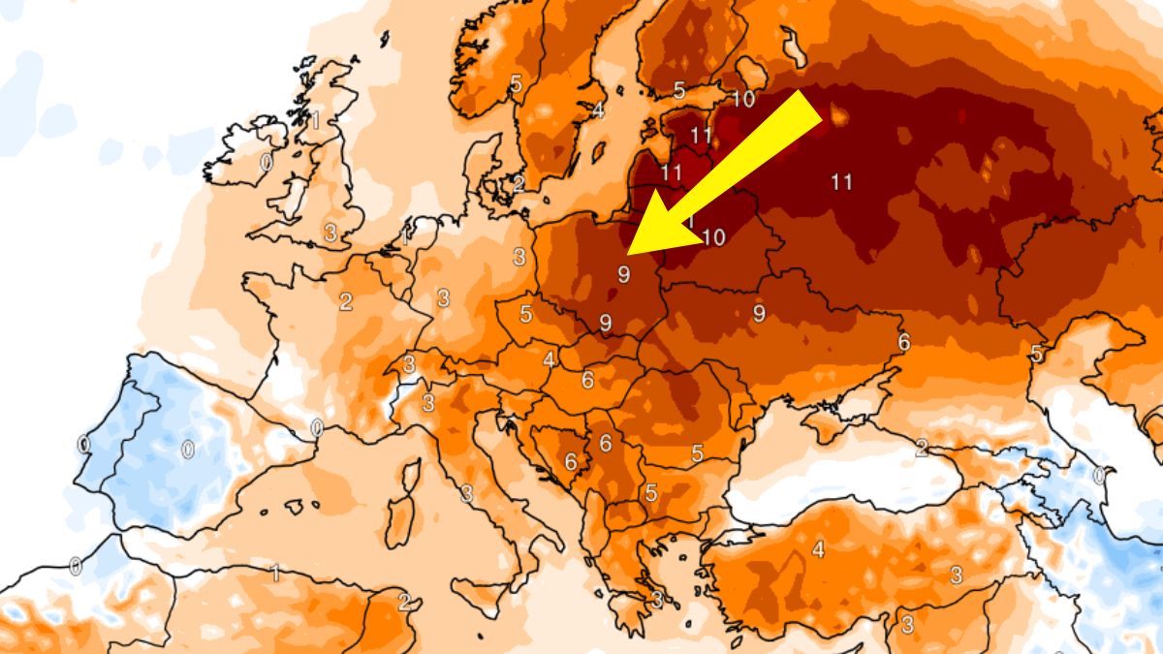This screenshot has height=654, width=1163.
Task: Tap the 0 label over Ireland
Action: (267, 163)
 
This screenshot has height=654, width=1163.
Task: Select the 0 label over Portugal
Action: (83, 445)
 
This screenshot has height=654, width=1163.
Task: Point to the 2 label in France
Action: (346, 301)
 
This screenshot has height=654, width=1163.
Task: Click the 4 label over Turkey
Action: (818, 550)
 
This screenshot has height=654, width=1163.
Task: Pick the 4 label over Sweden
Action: (598, 110)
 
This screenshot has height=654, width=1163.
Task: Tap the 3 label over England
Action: (330, 233)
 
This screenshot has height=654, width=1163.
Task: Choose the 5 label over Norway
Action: (516, 83)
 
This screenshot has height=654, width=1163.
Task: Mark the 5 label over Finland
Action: (679, 91)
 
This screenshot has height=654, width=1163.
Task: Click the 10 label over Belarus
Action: (713, 237)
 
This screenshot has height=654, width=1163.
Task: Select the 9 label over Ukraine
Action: (759, 313)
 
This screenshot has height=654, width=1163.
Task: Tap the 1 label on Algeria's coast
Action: (275, 573)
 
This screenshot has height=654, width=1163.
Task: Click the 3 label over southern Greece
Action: (657, 600)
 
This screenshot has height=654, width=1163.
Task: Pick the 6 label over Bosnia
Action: (571, 462)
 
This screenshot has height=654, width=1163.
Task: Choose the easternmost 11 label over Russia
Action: (841, 181)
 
